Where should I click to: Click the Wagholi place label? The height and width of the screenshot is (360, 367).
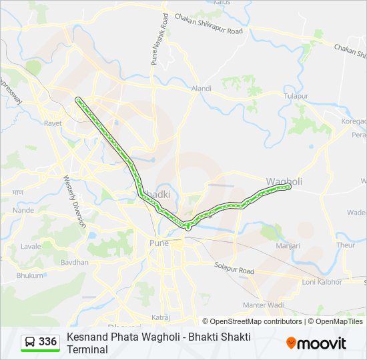pos(284,181)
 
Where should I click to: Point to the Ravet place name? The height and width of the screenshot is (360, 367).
pos(53,123)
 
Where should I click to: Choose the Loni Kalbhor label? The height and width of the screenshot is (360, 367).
pos(322,282)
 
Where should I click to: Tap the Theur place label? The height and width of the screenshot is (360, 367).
pos(346,245)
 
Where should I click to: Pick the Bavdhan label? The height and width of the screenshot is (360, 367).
pos(74,262)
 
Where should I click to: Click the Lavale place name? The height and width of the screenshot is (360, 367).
pos(31,246)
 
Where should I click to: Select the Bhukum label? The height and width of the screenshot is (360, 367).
pos(30,274)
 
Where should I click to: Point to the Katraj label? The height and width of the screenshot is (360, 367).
pos(161,317)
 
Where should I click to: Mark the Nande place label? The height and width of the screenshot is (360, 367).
pos(23,210)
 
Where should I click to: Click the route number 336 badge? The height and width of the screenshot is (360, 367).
pos(47,342)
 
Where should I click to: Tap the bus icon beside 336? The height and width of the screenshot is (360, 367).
pos(31,342)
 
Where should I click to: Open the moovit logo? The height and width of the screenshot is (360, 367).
pos(316,343)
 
